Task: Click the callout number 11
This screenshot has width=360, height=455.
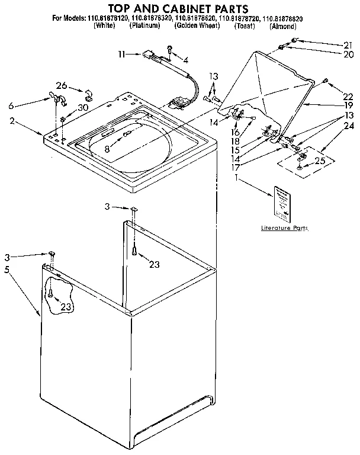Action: [121, 54]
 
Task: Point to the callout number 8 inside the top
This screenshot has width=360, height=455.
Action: [107, 149]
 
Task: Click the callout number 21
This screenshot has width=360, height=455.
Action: [347, 45]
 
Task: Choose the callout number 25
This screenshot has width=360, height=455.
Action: [320, 161]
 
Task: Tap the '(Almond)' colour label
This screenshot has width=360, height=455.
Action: [282, 27]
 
